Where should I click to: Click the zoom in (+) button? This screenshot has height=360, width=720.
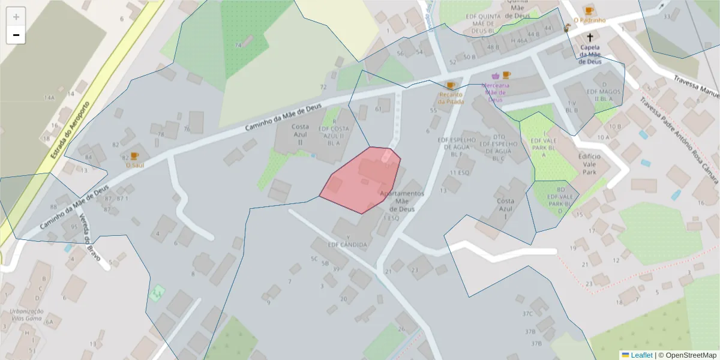tap(16, 17)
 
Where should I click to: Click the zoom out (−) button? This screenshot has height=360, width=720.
tap(16, 35)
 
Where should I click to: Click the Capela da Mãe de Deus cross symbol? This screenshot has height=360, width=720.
tap(590, 37)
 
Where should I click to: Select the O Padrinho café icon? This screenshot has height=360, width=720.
tap(589, 10)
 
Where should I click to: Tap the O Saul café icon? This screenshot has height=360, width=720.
tap(134, 156)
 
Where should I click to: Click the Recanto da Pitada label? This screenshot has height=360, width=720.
tap(451, 98)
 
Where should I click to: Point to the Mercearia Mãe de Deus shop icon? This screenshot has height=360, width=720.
tap(496, 76)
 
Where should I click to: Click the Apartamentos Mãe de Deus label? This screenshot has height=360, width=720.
tap(402, 202)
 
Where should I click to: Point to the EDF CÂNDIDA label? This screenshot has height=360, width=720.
tap(347, 244)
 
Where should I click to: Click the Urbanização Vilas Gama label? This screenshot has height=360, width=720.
tap(27, 315)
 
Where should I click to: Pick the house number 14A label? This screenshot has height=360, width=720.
tap(49, 97)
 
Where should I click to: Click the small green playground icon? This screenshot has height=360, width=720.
tap(157, 292)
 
